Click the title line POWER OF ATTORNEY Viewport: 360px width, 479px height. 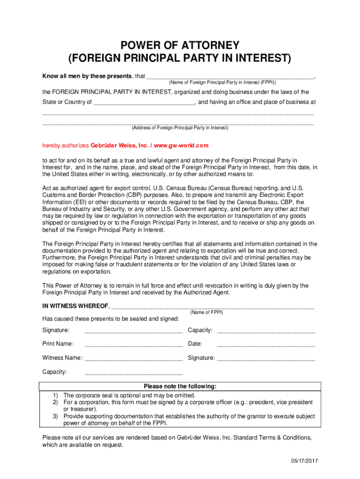(180, 46)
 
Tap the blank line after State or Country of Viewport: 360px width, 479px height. (144, 102)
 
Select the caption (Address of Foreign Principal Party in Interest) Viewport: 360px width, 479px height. (180, 128)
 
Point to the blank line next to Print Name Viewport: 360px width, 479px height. (133, 345)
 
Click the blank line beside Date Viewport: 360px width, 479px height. (266, 345)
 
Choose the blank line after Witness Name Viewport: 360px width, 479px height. (133, 359)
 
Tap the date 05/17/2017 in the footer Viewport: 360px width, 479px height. (304, 461)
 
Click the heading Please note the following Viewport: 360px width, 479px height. (180, 386)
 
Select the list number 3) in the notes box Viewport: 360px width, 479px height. (55, 416)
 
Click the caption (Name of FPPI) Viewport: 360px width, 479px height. (207, 312)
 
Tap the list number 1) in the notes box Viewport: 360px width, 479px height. (55, 395)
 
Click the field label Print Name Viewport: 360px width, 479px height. (58, 344)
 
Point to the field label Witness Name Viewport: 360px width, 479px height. (62, 358)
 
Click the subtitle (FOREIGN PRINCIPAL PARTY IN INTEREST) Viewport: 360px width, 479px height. (180, 59)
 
